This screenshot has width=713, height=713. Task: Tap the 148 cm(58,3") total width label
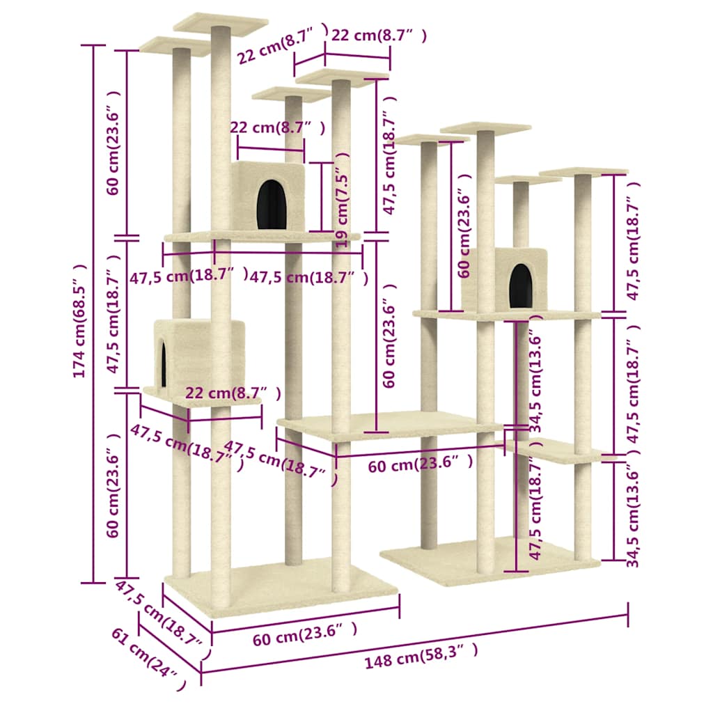click(421, 655)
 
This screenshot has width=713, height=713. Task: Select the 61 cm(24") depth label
click(148, 658)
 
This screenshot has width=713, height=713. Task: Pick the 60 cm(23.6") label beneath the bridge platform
click(421, 464)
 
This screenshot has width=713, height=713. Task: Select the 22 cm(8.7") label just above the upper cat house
click(277, 128)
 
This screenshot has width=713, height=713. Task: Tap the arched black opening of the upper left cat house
click(272, 204)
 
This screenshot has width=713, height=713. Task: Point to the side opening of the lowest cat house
click(164, 363)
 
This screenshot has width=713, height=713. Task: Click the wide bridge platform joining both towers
click(390, 423)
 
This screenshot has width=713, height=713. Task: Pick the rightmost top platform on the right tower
click(583, 171)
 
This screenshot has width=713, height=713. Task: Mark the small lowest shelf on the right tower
click(557, 450)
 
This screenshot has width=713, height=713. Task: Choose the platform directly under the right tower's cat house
click(507, 315)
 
